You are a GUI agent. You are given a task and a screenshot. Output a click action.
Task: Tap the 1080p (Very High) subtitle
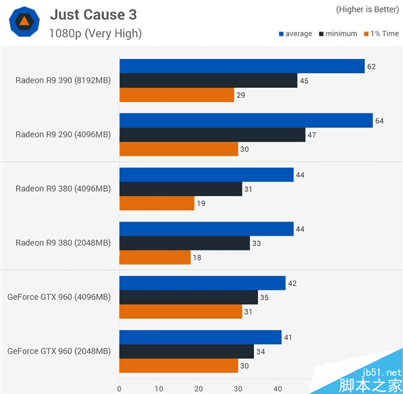click(x=95, y=33)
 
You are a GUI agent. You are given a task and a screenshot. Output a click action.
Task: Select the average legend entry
click(x=296, y=34)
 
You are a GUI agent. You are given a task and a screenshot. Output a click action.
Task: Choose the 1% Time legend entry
click(x=380, y=34)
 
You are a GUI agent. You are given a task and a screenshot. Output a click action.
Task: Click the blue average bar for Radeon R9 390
click(x=242, y=66)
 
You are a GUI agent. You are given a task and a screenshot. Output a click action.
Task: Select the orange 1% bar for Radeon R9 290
click(x=179, y=150)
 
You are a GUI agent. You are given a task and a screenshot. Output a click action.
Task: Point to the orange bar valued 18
click(x=154, y=258)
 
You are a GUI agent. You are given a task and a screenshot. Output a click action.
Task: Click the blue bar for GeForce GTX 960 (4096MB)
click(x=202, y=283)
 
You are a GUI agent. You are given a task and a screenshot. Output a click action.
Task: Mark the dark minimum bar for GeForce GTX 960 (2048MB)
click(x=187, y=352)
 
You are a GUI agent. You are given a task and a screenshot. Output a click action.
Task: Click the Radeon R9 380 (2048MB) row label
click(x=63, y=243)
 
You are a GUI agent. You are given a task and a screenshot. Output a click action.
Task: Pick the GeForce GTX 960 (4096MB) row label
click(x=59, y=297)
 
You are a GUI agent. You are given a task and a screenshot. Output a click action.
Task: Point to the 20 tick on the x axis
click(x=199, y=387)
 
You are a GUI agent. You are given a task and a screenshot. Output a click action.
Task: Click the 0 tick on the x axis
click(x=120, y=387)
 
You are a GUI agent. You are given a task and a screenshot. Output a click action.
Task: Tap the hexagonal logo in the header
click(x=24, y=22)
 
